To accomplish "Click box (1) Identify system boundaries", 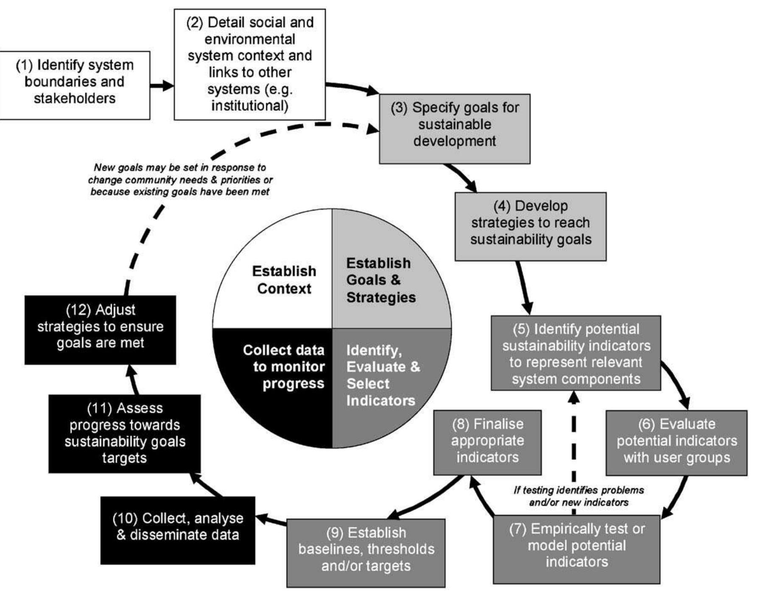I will (75, 85).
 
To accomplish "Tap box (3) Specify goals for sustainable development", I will (454, 129).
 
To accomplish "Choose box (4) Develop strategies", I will (530, 226).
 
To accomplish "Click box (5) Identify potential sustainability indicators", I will (576, 353).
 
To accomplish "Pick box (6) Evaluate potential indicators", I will (676, 443).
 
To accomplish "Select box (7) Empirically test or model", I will (576, 549).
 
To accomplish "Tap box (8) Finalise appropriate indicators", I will (487, 442).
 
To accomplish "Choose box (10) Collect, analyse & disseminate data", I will (178, 530).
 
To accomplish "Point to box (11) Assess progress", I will (124, 434).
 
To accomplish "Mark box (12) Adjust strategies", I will (100, 330).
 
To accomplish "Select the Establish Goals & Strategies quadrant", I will (382, 280).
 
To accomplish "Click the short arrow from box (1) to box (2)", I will (162, 86).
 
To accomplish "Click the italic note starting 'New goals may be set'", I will (180, 179).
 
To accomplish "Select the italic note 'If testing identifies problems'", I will (579, 496).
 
